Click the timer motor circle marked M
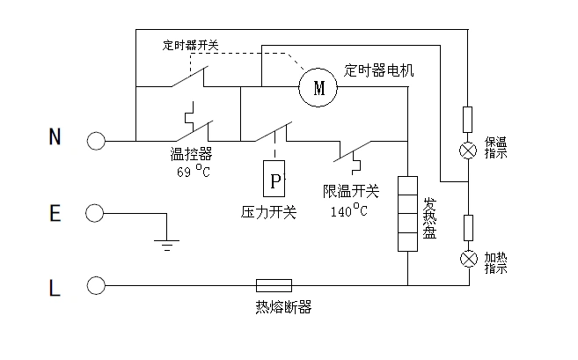click(318, 87)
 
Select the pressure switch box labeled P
click(275, 180)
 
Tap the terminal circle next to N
click(95, 139)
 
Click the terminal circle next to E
click(95, 213)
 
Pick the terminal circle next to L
click(95, 285)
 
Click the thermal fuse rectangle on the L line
click(274, 285)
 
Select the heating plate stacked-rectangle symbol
click(407, 214)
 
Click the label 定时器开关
click(191, 44)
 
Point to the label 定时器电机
click(378, 69)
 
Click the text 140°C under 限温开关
click(349, 211)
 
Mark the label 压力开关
click(269, 211)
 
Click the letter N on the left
click(55, 137)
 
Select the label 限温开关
click(350, 191)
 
